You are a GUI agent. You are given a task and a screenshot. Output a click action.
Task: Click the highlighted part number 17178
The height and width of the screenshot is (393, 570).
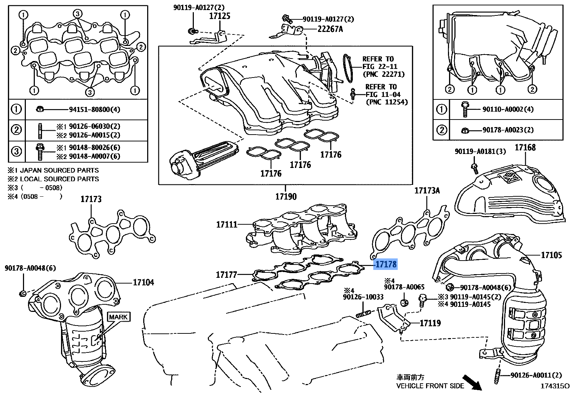point(386,265)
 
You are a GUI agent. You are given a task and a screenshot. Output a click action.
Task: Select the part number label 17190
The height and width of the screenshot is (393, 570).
point(286,197)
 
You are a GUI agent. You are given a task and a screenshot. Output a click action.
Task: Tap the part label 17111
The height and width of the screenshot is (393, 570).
point(226,225)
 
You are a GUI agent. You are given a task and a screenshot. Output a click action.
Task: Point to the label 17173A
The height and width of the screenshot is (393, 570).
point(427,191)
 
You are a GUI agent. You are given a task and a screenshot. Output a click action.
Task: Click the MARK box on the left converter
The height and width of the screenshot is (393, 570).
point(118,317)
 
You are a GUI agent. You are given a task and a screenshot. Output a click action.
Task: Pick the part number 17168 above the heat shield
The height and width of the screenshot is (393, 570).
point(525,148)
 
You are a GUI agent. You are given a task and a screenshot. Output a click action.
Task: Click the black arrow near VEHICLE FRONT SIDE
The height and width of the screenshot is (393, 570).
point(472,382)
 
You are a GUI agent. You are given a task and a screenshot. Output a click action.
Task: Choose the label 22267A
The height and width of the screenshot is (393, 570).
point(330,29)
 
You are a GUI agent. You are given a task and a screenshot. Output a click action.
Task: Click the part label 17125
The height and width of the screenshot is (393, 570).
point(220,16)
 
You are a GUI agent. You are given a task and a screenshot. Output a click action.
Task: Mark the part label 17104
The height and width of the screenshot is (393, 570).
point(143,282)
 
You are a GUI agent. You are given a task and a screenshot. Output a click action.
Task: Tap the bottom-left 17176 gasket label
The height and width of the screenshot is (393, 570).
point(271,174)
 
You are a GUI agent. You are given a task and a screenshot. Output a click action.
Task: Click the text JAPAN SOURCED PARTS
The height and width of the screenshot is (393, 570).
point(59,170)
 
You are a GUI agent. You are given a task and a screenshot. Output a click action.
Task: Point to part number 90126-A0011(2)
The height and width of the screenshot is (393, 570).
point(536,375)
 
